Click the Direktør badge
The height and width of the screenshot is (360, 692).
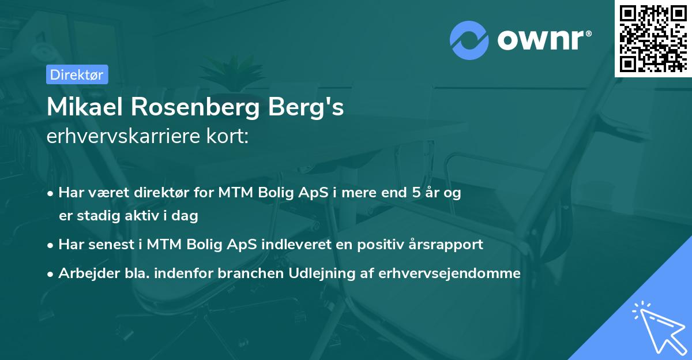coord(77,74)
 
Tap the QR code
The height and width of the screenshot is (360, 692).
coord(653,38)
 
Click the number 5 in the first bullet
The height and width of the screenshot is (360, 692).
coord(415,193)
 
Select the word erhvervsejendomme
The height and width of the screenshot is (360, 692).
coord(449,273)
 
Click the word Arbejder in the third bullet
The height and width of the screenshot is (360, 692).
coord(84,273)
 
